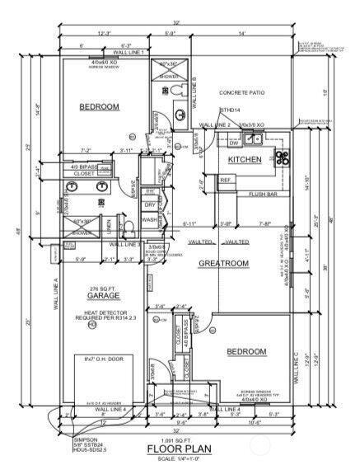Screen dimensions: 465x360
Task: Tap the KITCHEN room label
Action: point(244,158)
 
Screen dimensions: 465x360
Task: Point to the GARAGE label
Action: point(103,294)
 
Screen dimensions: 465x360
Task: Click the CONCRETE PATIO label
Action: point(245,93)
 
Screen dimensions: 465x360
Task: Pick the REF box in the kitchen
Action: point(225,180)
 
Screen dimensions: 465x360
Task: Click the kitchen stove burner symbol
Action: point(281,157)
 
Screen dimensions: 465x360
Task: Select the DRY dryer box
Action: point(150,205)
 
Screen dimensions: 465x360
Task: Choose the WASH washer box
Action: point(150,220)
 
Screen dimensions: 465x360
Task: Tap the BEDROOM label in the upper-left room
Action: point(101,107)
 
